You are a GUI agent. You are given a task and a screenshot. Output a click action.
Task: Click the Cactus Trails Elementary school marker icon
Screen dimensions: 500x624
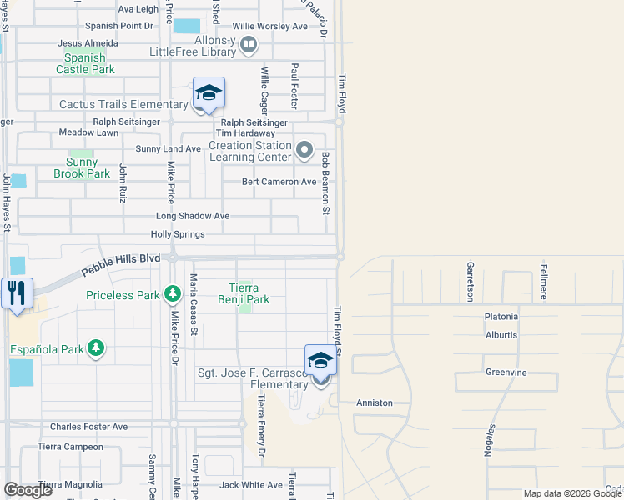tap(209, 93)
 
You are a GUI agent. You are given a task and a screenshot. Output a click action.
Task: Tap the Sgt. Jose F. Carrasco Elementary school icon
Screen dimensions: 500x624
tap(320, 361)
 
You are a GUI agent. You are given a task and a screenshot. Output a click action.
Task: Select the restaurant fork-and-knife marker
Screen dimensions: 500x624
tap(15, 293)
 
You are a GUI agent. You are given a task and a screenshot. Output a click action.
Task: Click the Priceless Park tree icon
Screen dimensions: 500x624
tap(173, 293)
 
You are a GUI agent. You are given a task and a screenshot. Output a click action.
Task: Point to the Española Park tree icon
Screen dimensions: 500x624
tap(96, 347)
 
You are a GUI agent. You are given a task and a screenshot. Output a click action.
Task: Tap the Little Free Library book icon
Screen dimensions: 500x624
tap(249, 44)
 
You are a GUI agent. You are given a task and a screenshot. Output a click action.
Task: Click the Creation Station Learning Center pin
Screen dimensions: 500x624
tap(304, 151)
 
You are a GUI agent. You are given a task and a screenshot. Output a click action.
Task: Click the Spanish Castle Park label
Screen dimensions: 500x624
tap(85, 64)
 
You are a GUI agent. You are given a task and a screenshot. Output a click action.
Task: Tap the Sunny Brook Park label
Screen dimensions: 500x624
tap(82, 168)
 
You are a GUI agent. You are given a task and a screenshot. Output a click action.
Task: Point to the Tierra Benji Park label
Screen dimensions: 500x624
tap(244, 293)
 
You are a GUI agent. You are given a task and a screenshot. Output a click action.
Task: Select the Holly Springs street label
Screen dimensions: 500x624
tap(178, 234)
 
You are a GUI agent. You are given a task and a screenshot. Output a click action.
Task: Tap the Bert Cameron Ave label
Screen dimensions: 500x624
tap(279, 182)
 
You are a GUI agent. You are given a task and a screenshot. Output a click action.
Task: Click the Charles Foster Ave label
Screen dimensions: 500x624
tap(88, 427)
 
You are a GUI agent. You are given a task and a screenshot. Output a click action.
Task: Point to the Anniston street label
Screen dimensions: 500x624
tap(374, 402)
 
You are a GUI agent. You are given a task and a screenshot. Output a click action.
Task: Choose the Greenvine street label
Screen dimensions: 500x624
tap(506, 372)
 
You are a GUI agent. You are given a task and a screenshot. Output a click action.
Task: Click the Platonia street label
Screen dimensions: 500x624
tap(501, 317)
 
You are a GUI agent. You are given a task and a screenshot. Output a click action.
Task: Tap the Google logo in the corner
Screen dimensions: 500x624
tap(28, 490)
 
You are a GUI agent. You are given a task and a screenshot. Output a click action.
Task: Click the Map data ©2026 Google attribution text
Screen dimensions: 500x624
tap(572, 493)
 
